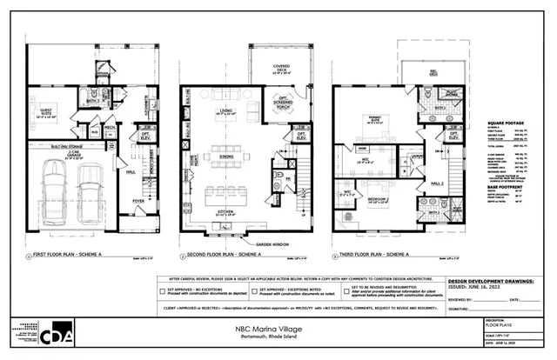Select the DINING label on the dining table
[228, 156]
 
